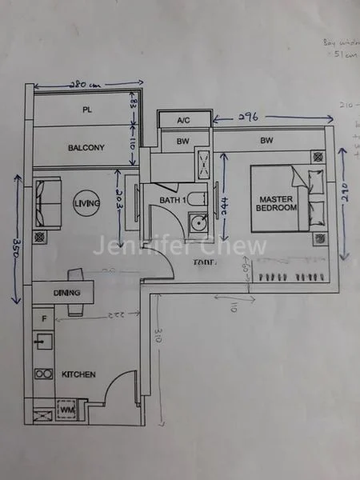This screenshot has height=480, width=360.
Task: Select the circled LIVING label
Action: (x=86, y=204)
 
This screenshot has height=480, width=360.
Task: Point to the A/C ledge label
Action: (x=185, y=120)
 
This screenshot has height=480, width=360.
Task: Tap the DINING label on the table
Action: (x=67, y=293)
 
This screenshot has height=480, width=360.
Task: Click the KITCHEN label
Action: (x=79, y=374)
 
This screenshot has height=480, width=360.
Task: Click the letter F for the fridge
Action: (x=44, y=319)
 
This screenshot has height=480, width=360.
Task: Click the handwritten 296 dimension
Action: (x=250, y=117)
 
